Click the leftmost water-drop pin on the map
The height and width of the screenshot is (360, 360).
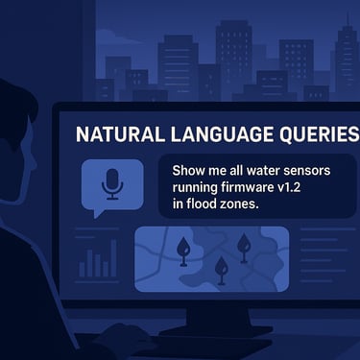[x=183, y=251]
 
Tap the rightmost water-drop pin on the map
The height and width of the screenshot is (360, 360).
[x=244, y=246]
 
